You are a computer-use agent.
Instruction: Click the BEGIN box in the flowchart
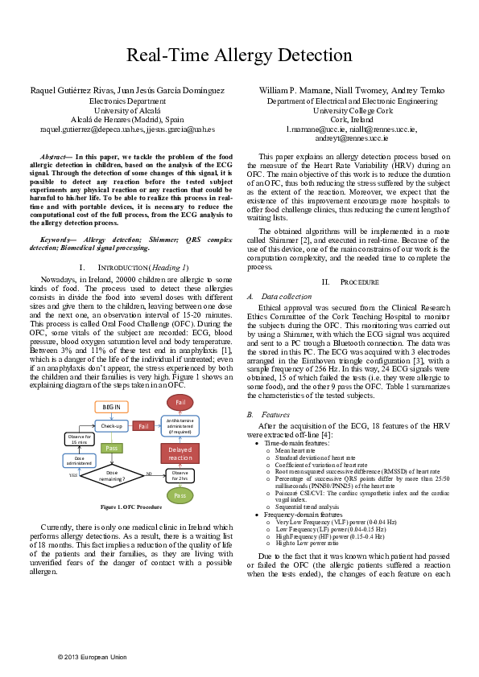(111, 408)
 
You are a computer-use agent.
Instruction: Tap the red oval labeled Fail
(181, 401)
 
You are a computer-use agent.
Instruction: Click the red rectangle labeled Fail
(144, 425)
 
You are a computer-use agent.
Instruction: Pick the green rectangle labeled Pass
(113, 447)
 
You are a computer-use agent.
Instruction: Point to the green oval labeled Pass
(180, 497)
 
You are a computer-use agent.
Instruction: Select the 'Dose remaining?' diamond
(112, 476)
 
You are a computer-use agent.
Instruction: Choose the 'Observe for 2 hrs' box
(180, 475)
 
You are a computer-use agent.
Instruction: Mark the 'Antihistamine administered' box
(180, 426)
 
